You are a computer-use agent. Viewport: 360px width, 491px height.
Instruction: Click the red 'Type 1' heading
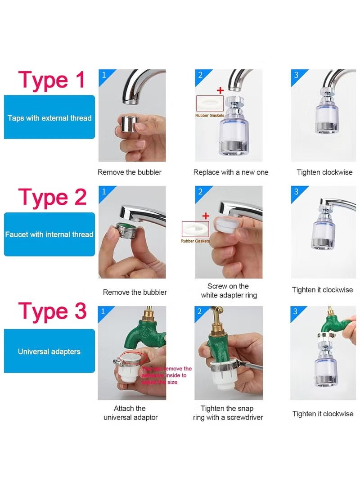(51, 80)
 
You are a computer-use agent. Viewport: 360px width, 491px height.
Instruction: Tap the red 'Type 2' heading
(52, 197)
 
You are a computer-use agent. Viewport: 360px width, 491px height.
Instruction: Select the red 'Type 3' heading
(52, 311)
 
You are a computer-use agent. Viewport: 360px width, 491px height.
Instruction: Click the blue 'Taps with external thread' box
(49, 117)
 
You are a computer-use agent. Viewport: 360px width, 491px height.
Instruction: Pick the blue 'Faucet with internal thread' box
(49, 234)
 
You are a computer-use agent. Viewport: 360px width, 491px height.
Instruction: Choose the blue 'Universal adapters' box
(49, 351)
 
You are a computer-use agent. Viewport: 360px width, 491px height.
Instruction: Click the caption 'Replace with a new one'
(230, 172)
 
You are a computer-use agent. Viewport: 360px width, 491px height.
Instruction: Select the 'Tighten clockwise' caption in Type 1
(324, 172)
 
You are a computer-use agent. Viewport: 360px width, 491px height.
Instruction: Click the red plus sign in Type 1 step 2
(220, 90)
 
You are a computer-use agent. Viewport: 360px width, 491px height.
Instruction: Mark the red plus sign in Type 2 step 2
(206, 216)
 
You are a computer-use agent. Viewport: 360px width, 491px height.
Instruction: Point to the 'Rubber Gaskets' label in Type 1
(209, 116)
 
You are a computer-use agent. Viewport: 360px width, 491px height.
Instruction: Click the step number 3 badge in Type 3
(296, 311)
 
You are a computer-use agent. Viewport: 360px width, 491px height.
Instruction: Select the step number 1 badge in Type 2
(104, 192)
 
